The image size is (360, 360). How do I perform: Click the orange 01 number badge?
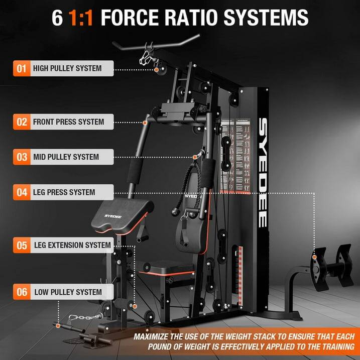point(22,68)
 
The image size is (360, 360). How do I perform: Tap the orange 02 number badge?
point(22,122)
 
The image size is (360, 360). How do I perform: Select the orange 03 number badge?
point(22,157)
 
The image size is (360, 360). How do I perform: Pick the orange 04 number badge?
point(22,192)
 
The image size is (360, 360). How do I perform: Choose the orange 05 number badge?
point(22,246)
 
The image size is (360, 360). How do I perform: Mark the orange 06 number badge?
point(22,292)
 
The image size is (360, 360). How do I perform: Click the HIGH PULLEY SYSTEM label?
point(67,68)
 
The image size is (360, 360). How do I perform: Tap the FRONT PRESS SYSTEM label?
point(68,122)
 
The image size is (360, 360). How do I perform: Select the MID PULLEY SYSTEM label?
point(66,157)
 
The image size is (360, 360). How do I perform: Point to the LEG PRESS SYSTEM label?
point(64,192)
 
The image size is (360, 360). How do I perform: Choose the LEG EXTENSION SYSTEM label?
point(72,246)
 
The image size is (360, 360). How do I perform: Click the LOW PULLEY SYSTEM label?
point(68,292)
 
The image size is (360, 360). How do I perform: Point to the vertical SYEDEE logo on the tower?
point(263,173)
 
